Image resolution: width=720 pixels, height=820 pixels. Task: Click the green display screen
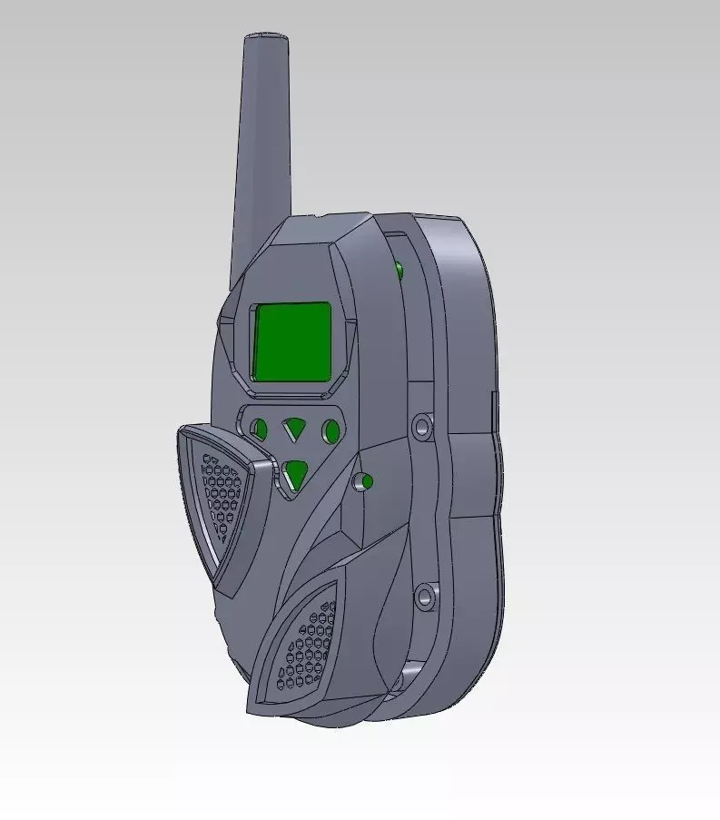point(291,343)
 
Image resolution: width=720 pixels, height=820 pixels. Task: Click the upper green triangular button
point(293,428)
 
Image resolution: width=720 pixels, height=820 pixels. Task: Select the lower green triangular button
point(294,473)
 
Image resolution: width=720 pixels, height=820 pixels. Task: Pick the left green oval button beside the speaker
point(260,429)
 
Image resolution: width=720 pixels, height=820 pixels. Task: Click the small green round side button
point(368,480)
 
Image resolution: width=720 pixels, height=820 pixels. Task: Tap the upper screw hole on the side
point(421,426)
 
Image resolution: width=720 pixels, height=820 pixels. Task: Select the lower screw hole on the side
point(423,597)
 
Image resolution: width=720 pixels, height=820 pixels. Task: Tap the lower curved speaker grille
point(304,646)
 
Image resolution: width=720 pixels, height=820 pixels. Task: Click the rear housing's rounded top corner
point(463,227)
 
